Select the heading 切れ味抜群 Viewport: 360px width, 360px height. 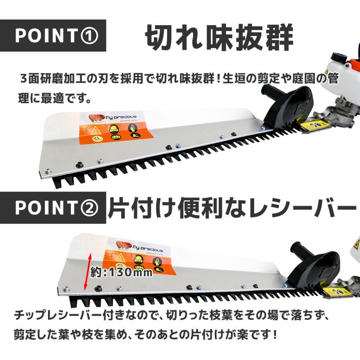point(219,37)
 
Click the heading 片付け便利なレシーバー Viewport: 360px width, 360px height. point(232,207)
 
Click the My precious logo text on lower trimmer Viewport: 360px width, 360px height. point(150,249)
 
